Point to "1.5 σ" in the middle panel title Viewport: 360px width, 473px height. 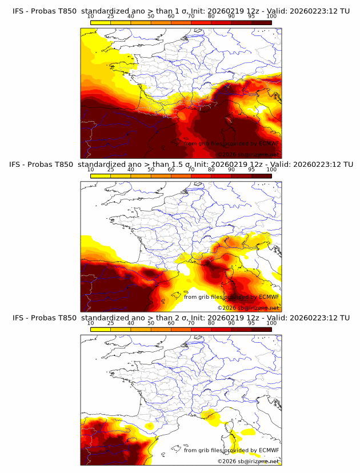[x=180, y=165]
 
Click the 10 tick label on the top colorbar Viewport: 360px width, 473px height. [x=90, y=16]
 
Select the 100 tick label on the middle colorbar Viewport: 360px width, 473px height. [x=271, y=170]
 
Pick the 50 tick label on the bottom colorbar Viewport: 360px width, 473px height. [x=151, y=323]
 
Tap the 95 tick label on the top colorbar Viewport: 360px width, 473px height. [x=251, y=16]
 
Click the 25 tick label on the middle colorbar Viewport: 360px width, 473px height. [x=110, y=170]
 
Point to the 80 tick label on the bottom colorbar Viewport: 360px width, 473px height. [x=211, y=323]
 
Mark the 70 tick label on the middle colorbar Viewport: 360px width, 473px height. [x=191, y=170]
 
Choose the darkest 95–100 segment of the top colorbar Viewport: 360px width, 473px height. [x=261, y=23]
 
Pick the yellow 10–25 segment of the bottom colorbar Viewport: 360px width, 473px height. [x=100, y=330]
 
